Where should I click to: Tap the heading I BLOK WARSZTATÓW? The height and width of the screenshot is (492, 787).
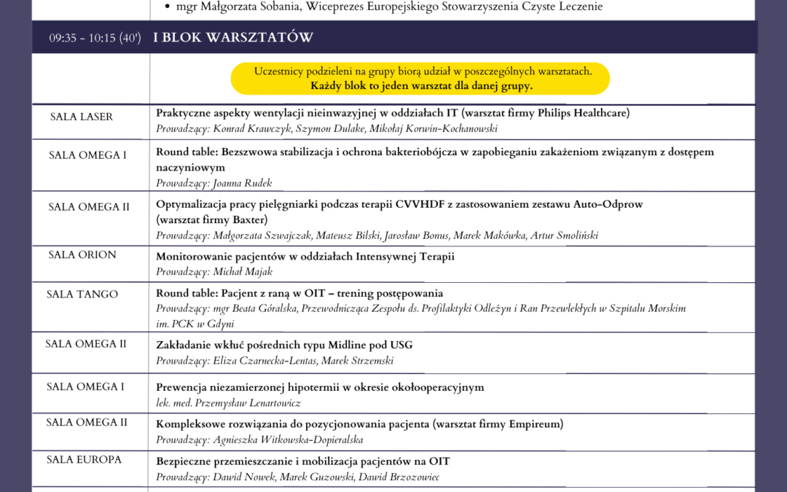[233, 37]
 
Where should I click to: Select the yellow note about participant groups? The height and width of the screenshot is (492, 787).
[420, 78]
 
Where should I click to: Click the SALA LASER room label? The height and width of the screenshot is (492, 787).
[82, 117]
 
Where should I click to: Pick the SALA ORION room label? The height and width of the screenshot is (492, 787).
[82, 254]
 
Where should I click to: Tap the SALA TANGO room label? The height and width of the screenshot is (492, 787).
[82, 294]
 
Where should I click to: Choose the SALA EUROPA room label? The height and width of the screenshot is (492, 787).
[85, 459]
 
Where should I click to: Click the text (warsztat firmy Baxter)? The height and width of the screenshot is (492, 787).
[212, 219]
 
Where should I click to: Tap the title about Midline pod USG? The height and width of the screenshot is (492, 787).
[285, 344]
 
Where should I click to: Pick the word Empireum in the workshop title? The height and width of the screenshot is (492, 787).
[533, 423]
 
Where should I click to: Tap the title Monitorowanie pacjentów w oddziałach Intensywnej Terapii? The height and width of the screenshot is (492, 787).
[305, 256]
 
